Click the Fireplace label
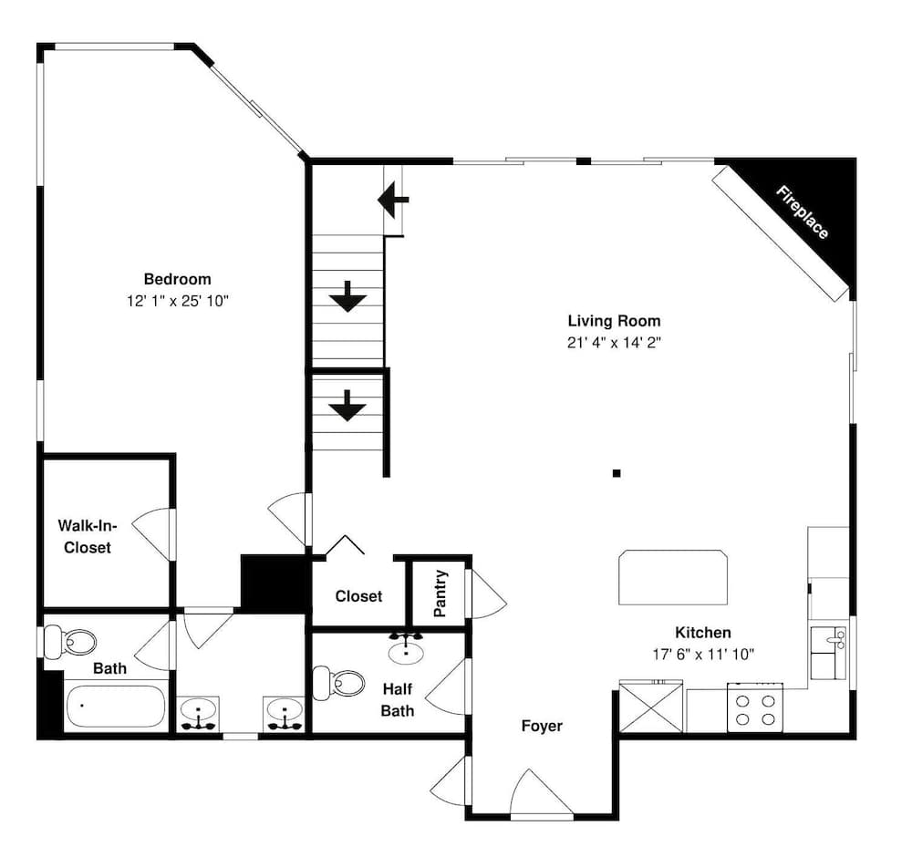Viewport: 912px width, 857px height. [x=803, y=212]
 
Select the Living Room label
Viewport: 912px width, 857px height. [x=614, y=321]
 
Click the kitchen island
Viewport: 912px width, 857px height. [x=674, y=576]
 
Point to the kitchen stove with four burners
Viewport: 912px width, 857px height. [x=755, y=708]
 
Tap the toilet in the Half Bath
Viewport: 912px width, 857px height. [x=337, y=682]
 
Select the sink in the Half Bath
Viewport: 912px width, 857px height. [x=405, y=651]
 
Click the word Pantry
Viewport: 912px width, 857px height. [x=440, y=594]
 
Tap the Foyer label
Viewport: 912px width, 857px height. [x=542, y=727]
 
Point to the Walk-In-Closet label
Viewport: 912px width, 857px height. [x=85, y=536]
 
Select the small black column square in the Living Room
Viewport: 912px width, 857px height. [x=617, y=473]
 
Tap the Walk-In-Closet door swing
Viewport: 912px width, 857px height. [x=151, y=531]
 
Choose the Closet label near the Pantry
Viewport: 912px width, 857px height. [x=358, y=596]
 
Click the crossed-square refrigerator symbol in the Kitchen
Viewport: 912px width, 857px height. [x=651, y=707]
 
